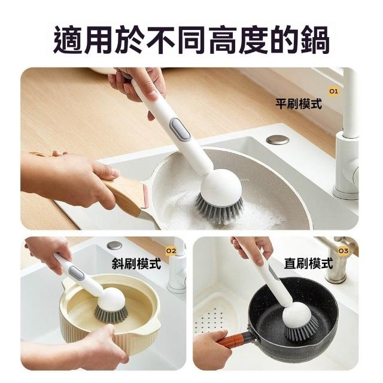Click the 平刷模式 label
299,104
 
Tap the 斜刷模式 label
136,263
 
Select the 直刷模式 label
309,263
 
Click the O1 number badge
333,92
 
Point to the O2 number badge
171,251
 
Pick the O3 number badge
343,251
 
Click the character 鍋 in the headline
315,40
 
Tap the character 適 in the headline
68,40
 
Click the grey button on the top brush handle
180,129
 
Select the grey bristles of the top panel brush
219,209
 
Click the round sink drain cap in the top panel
278,140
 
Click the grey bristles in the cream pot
111,314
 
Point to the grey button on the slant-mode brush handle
77,272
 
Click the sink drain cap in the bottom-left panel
114,245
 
